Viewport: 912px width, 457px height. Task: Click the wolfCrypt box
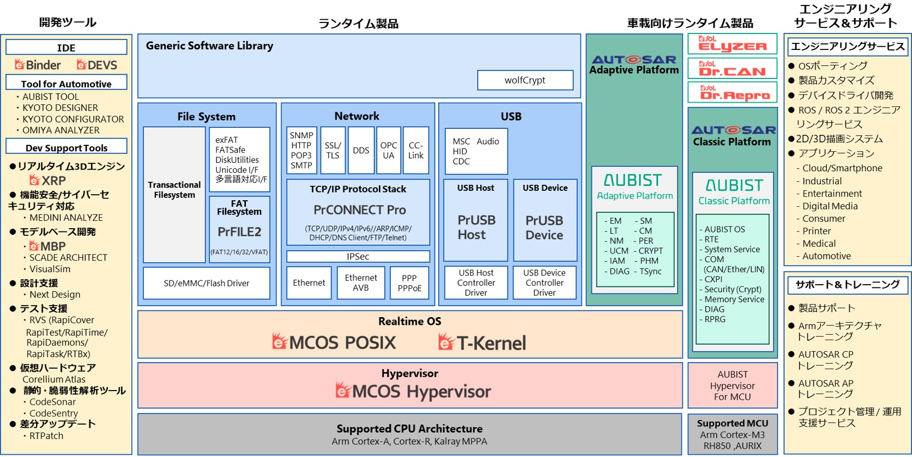[525, 80]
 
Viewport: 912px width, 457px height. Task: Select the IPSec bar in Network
[358, 256]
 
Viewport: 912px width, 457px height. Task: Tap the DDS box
[361, 150]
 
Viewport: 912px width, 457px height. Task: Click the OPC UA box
[388, 150]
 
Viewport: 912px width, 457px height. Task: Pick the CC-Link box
[416, 150]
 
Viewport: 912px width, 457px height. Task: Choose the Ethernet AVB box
[361, 283]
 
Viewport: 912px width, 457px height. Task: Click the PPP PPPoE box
[410, 283]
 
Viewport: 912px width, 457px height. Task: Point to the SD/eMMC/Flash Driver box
[206, 283]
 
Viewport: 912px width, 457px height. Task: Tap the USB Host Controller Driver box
[476, 283]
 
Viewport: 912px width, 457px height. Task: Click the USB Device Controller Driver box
[544, 283]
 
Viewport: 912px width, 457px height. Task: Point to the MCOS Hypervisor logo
[413, 391]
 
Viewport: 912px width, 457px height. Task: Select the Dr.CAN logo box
[732, 69]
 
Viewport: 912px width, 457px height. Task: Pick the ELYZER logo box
[732, 44]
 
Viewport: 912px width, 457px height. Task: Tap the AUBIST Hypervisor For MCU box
[732, 385]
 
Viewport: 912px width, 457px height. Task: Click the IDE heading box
[66, 48]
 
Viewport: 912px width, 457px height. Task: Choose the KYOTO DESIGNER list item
[60, 108]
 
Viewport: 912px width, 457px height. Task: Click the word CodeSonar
[53, 402]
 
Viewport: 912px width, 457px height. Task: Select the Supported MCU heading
[732, 423]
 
